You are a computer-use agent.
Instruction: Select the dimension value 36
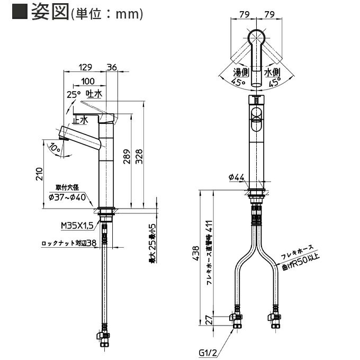click(x=112, y=67)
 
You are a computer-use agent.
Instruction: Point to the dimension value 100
click(x=88, y=82)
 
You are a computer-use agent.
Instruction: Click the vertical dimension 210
click(x=39, y=175)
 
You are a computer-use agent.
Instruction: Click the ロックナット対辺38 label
click(x=69, y=244)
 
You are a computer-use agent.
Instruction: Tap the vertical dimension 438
click(x=196, y=256)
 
